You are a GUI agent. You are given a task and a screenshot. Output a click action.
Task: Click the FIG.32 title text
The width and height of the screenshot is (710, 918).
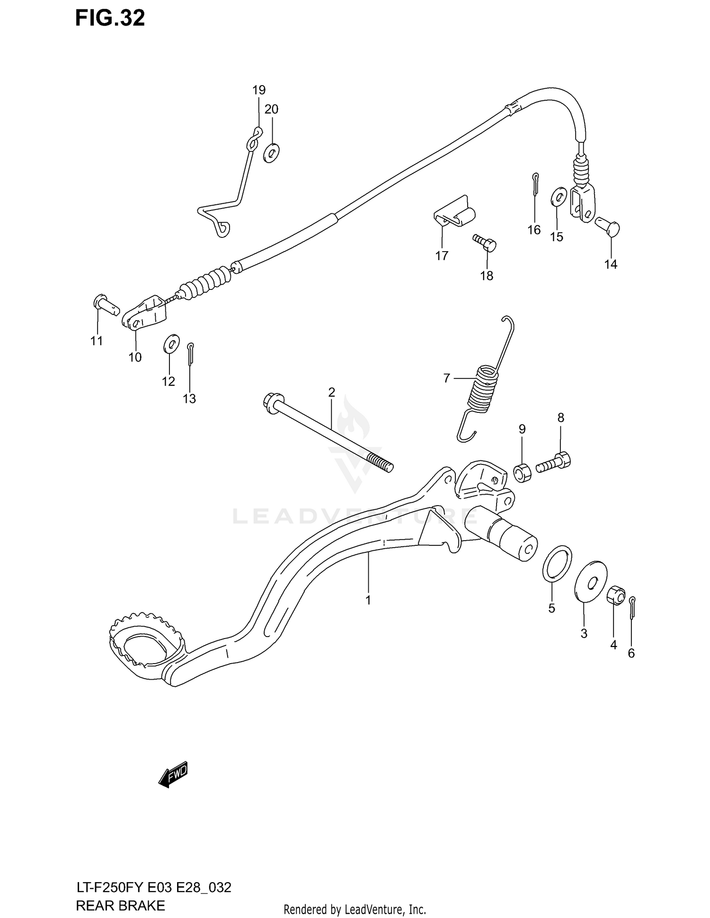tap(110, 18)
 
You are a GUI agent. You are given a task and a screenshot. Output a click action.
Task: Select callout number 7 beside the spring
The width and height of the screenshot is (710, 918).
tap(446, 378)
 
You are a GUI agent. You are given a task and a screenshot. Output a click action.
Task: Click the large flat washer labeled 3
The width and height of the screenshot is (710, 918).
tap(590, 581)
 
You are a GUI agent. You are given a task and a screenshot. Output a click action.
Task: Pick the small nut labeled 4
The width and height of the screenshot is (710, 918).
tap(616, 595)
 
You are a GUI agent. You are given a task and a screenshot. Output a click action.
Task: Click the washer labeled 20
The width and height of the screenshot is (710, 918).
tap(272, 152)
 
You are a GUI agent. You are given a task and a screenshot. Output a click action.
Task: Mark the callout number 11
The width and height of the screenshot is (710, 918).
tap(97, 341)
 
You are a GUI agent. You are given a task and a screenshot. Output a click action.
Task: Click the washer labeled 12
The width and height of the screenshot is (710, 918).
tap(171, 344)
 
